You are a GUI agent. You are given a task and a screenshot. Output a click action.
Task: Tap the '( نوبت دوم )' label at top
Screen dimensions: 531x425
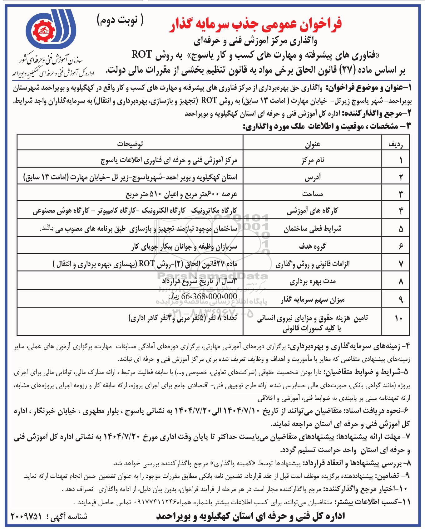(x=120, y=21)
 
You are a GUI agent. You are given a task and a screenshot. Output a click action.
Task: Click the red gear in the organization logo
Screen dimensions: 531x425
(x=45, y=30)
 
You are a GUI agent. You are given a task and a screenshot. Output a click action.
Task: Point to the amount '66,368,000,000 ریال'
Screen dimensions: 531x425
(x=203, y=296)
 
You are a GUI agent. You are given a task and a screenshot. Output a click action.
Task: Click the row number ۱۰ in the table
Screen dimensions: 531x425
(x=398, y=319)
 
